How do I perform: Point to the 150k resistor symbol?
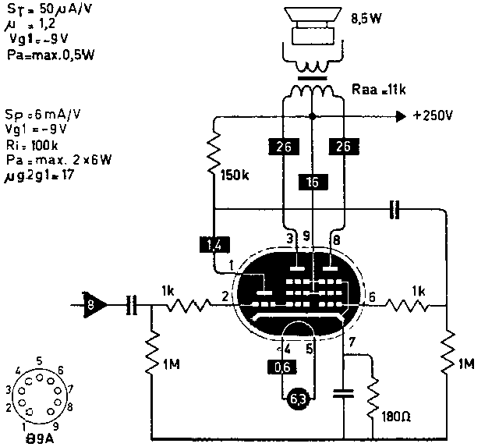[214, 157]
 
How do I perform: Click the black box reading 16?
[311, 183]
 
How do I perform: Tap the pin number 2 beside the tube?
[224, 296]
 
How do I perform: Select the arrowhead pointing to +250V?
[401, 116]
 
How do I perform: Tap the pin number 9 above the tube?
[306, 235]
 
